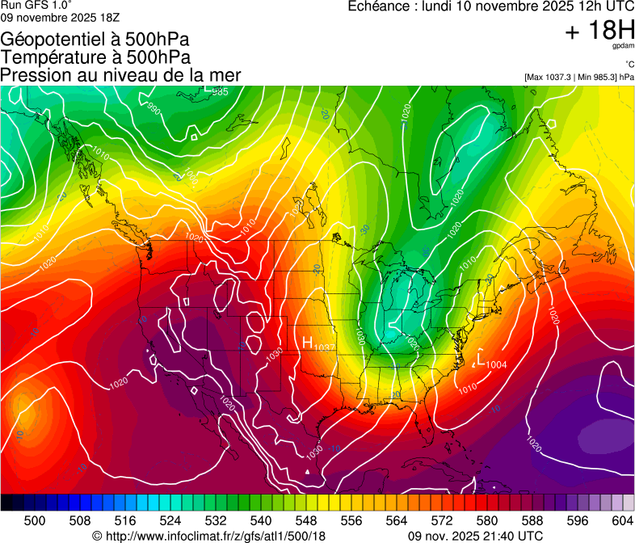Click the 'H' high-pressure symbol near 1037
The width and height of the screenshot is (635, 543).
(307, 343)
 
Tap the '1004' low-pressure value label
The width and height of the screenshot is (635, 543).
(496, 365)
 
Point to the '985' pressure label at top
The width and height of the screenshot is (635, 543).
(220, 92)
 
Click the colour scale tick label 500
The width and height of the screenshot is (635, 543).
(35, 520)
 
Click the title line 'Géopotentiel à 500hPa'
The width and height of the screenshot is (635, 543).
(95, 40)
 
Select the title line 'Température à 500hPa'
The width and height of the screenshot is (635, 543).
(95, 57)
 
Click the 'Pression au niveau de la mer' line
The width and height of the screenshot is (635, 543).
(120, 75)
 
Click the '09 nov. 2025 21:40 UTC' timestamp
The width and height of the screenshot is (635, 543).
(475, 536)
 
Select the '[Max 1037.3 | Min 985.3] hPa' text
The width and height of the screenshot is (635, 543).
(578, 77)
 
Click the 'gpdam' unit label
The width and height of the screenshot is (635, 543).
(623, 47)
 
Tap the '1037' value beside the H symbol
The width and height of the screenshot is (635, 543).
(325, 347)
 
